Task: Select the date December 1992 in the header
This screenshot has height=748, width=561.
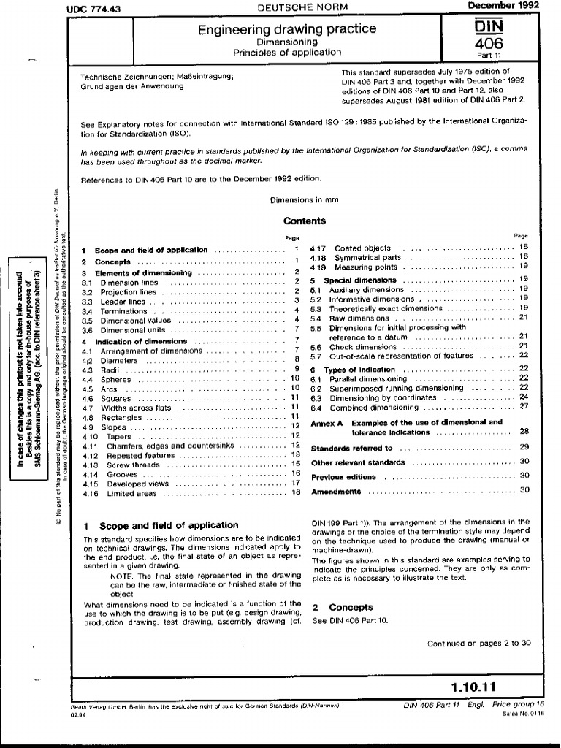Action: point(503,6)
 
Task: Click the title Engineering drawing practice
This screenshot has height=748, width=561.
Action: point(287,29)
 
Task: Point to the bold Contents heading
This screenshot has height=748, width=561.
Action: point(304,221)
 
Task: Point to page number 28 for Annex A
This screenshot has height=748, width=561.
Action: point(524,432)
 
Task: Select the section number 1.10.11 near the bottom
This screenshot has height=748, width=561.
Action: point(473,686)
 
